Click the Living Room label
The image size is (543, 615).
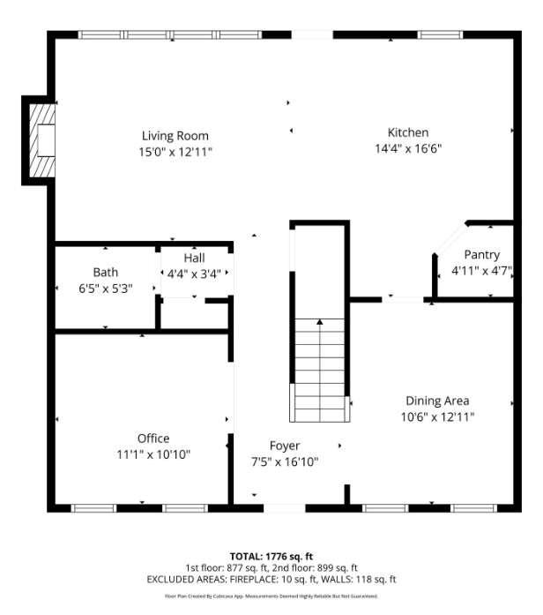(175, 136)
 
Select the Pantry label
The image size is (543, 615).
(481, 255)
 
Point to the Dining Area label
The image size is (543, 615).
(437, 400)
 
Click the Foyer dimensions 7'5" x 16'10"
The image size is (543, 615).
(285, 461)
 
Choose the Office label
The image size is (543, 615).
(153, 439)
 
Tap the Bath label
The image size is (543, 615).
(105, 273)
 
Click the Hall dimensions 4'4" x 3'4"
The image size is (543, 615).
(195, 274)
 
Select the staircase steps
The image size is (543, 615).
(319, 371)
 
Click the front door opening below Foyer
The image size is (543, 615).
(285, 508)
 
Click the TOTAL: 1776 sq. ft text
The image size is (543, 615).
(271, 556)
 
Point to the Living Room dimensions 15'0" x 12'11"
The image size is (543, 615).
(175, 151)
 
